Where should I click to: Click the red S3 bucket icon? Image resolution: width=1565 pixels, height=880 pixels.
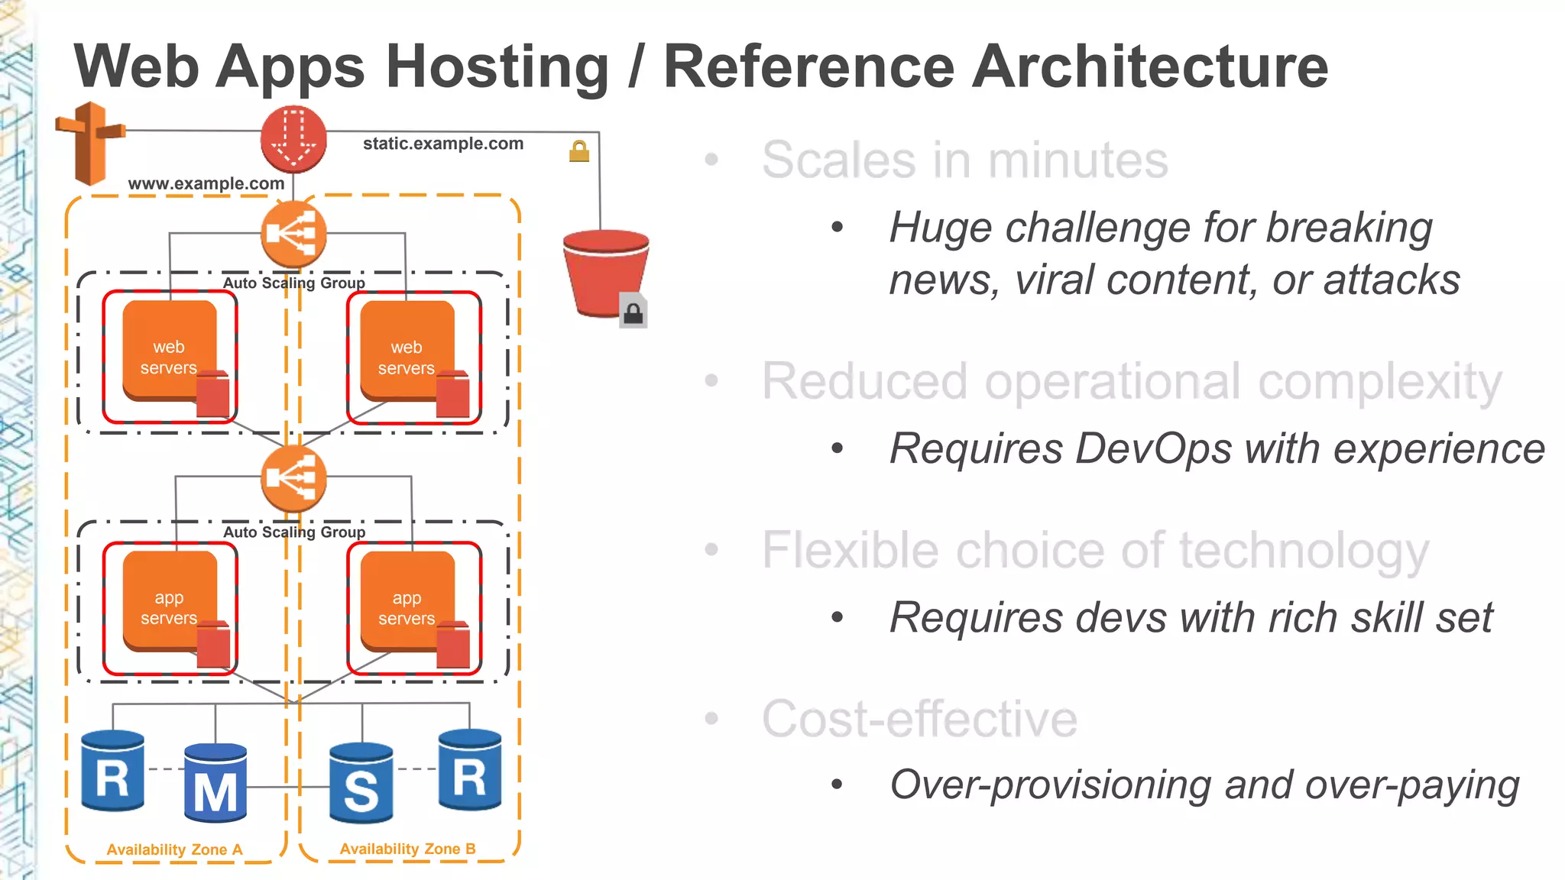[604, 272]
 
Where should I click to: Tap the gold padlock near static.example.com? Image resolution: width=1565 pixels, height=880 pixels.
[579, 151]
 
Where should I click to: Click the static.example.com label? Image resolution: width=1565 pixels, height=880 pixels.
[442, 144]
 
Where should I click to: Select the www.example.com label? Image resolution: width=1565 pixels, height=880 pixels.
[206, 183]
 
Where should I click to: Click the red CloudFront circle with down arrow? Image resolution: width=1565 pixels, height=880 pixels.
[293, 139]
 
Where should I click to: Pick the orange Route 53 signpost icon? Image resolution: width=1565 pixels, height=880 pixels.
[90, 143]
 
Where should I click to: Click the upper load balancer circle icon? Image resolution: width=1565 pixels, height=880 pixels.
[293, 234]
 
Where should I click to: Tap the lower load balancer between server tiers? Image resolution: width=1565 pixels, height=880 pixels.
[293, 479]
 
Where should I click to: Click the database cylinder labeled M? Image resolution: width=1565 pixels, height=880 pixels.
[215, 783]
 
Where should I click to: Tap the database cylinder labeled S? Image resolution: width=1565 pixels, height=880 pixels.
[361, 783]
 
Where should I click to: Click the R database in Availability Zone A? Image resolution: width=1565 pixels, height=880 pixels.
[112, 772]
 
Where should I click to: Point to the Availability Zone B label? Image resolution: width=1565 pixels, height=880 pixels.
[407, 849]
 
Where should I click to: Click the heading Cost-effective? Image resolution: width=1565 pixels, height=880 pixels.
[919, 719]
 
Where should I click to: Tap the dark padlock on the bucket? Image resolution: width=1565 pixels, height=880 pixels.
[633, 312]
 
